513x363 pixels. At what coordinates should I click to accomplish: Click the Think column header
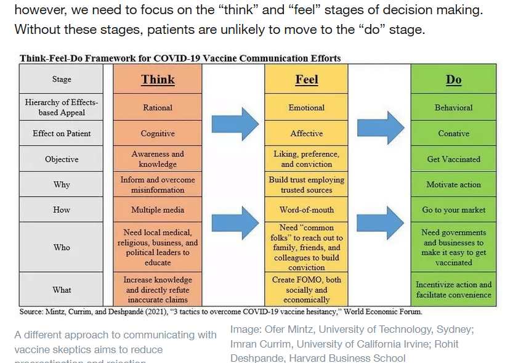click(158, 80)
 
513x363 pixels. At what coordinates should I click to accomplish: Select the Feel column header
click(306, 80)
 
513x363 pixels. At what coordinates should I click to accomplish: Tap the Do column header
click(453, 80)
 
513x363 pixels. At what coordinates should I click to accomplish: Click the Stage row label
click(62, 80)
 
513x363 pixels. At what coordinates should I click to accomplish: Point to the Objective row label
click(62, 159)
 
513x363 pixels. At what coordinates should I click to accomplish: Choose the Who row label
click(62, 247)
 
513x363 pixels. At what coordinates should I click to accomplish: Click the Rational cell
click(158, 107)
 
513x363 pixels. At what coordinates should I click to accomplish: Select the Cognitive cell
click(158, 133)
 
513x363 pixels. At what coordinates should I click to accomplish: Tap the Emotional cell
click(306, 107)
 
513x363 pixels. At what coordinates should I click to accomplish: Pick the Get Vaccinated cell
click(453, 159)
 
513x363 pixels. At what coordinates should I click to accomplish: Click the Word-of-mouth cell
click(306, 210)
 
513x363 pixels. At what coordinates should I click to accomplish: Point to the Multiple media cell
click(158, 210)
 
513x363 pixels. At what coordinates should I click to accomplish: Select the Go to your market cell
click(453, 210)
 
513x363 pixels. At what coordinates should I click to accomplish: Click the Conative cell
click(453, 133)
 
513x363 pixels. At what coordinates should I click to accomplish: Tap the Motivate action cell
click(453, 184)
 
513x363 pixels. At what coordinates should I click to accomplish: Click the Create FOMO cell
click(306, 290)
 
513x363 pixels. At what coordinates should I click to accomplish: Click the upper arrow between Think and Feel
click(234, 124)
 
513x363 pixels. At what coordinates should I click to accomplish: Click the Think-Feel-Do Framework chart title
click(180, 59)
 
